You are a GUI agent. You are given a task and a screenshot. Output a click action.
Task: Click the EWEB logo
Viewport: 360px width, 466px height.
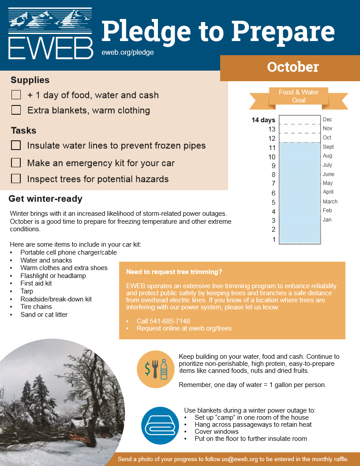point(50,34)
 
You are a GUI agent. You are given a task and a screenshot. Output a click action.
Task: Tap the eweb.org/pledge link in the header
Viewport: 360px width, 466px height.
point(127,52)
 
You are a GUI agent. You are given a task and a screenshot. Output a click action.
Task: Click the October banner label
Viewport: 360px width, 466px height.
point(292,67)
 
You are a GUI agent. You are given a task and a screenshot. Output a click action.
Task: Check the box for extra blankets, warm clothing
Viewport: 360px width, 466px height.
point(16,110)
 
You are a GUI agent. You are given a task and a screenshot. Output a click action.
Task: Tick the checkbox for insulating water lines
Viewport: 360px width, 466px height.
point(16,145)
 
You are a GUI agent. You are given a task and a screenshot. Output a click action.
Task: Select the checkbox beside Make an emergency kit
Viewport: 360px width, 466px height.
point(16,163)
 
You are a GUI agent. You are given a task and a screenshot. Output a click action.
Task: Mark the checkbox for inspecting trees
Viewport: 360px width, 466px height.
point(16,179)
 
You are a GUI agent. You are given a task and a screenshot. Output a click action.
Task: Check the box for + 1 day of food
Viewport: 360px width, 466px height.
point(16,95)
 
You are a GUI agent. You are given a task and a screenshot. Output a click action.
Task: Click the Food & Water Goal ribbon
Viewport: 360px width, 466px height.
point(299,96)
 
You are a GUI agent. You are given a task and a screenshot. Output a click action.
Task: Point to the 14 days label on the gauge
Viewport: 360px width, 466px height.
point(263,120)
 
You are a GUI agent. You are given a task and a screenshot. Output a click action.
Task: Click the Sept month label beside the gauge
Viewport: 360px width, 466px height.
point(328,147)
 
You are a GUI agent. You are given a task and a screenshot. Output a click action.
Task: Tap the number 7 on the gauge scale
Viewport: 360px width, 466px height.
point(274,184)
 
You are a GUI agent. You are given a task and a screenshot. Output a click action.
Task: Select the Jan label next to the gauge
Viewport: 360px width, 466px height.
point(327,220)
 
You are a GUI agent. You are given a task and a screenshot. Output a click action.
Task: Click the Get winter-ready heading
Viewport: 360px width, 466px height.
point(45,199)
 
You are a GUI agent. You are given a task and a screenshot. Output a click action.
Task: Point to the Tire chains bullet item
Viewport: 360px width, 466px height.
point(36,307)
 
